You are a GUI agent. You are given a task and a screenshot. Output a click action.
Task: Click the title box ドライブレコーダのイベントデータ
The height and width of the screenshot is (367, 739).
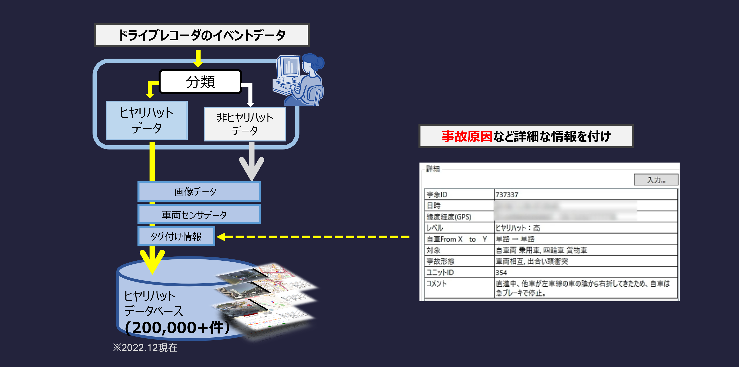(202, 35)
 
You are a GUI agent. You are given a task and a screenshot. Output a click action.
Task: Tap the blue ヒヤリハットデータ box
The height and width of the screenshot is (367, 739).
(147, 120)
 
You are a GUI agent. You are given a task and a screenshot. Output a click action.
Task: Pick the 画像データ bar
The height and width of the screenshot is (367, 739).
(199, 192)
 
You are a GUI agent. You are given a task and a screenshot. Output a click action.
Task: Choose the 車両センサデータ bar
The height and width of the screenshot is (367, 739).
(199, 215)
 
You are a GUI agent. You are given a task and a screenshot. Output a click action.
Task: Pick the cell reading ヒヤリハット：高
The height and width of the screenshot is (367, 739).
(518, 228)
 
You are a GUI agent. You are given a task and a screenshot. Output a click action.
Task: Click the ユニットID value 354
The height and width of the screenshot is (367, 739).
(501, 272)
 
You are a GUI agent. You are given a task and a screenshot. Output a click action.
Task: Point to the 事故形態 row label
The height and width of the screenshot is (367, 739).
(440, 261)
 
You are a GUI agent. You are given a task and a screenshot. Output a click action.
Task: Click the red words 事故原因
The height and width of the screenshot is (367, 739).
(467, 136)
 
